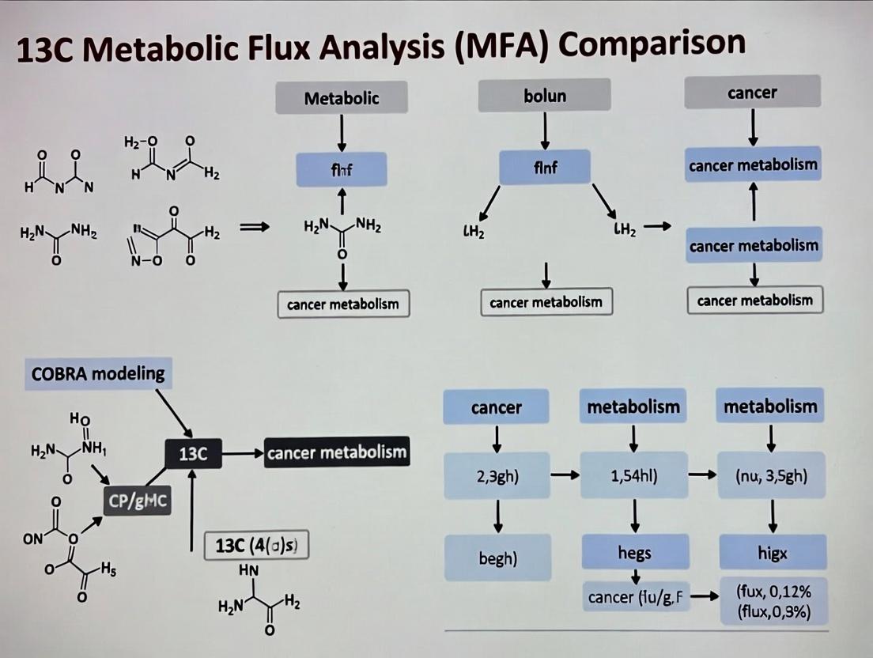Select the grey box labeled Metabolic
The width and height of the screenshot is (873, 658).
coord(342,98)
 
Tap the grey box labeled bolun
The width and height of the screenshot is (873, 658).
coord(545,96)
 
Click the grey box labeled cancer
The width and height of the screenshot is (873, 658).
coord(752,93)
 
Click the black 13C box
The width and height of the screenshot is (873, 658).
coord(193,455)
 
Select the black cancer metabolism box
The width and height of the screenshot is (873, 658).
coord(337,452)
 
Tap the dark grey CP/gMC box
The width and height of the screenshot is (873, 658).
coord(138,500)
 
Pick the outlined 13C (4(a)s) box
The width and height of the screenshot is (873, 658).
coord(256,546)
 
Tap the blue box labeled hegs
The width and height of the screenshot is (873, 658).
coord(633,553)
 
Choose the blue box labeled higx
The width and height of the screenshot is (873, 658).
coord(772,553)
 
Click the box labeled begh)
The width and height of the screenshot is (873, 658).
coord(497,558)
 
